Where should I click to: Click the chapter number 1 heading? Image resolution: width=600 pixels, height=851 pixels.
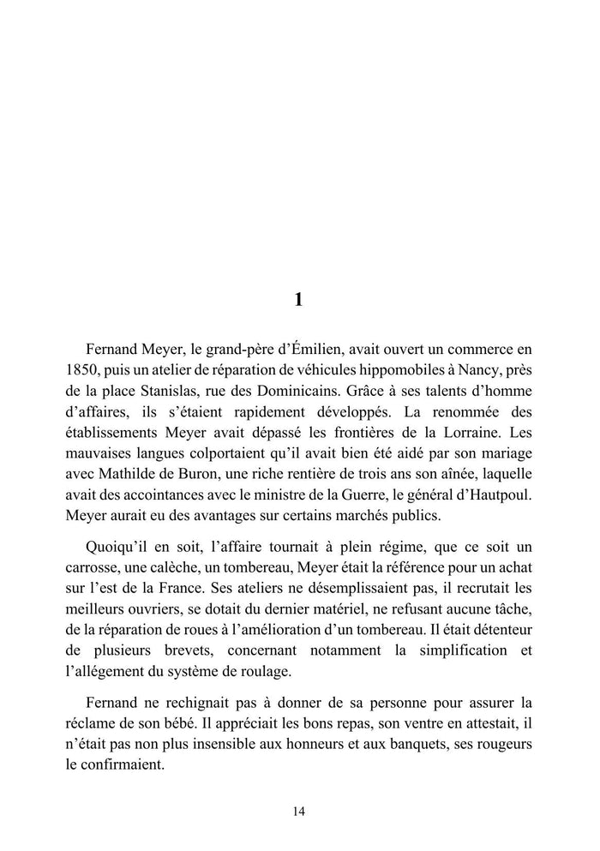tap(298, 300)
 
